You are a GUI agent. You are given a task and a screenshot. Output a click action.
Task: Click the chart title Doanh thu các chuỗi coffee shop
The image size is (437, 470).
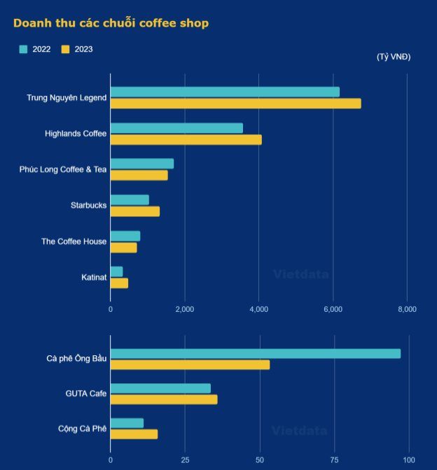(x=111, y=23)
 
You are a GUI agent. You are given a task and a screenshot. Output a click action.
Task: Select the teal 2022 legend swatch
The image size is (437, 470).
(x=23, y=49)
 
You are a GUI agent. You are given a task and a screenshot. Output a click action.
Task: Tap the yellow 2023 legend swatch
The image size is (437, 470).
(x=66, y=49)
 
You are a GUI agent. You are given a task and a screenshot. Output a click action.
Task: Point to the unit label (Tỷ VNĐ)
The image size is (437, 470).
(x=394, y=57)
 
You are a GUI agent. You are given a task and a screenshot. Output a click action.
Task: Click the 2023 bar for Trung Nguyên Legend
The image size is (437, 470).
(x=235, y=104)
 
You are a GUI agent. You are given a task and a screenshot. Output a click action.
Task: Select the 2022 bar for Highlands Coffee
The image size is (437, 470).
(x=176, y=128)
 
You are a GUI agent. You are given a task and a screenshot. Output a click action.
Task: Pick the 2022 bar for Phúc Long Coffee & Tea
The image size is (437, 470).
(x=142, y=164)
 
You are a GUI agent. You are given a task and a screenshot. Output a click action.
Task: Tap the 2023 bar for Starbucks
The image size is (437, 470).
(x=135, y=212)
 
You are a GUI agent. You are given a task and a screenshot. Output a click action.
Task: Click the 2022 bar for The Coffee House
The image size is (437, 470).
(x=125, y=236)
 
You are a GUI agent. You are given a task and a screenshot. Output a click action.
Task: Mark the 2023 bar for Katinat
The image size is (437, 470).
(x=119, y=283)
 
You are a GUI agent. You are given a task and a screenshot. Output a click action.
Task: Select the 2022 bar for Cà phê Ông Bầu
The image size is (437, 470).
(x=256, y=353)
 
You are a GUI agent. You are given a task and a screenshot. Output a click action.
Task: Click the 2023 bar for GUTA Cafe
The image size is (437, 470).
(x=164, y=399)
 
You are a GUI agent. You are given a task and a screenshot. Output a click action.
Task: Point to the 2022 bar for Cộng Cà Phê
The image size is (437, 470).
(x=127, y=423)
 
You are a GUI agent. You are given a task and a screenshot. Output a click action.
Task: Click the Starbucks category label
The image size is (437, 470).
(x=88, y=206)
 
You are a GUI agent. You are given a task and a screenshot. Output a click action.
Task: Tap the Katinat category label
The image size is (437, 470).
(x=94, y=278)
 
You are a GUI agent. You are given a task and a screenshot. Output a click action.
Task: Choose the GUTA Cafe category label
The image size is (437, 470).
(x=85, y=394)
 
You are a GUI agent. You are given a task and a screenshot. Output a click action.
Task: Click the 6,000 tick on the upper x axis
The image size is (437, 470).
(x=333, y=308)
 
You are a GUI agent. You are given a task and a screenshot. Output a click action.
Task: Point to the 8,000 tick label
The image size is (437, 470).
(x=407, y=308)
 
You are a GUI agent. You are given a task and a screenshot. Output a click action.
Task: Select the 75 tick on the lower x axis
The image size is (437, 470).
(x=335, y=460)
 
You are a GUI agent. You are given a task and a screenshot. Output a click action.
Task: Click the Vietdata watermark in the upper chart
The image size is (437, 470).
(x=300, y=275)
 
